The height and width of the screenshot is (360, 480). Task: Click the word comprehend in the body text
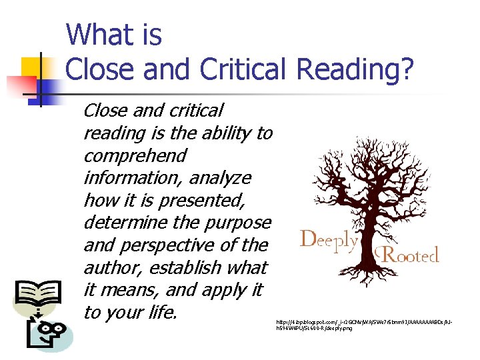[135, 156]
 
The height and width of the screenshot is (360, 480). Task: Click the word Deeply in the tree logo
[328, 240]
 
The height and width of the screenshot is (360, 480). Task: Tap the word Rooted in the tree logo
[409, 254]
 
